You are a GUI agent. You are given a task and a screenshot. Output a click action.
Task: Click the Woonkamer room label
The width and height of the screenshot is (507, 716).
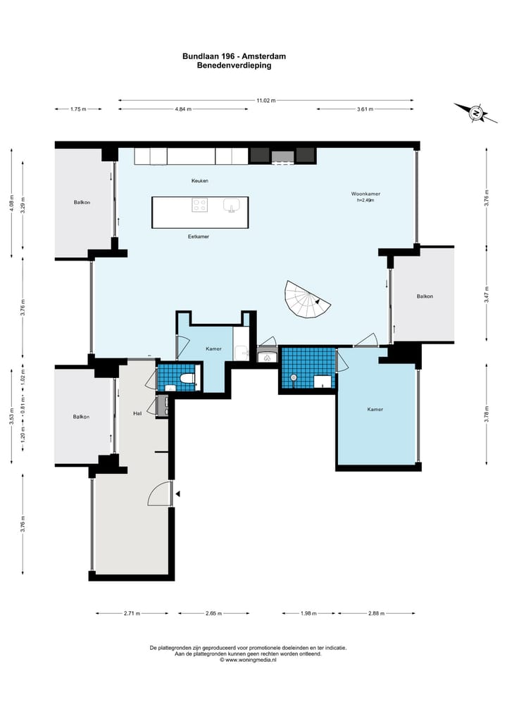point(365,194)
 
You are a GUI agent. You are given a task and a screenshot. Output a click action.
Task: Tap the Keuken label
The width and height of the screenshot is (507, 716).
point(199,181)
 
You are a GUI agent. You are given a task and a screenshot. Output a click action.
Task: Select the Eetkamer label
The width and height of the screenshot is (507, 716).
point(199,237)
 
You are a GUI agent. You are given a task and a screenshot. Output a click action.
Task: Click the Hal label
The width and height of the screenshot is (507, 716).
point(137,413)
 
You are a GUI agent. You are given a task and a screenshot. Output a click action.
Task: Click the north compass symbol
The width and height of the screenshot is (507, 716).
point(476,113)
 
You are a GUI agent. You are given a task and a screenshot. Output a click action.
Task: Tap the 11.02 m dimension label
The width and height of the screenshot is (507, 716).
point(266,101)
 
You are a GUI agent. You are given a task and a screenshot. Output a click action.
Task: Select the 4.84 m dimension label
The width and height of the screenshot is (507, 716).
point(183,109)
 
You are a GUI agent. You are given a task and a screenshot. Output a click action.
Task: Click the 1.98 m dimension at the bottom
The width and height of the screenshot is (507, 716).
point(308,613)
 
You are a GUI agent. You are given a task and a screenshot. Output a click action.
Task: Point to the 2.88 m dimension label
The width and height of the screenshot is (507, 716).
point(376,613)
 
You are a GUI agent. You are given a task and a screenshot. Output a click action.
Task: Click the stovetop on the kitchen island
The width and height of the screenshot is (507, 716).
point(199,205)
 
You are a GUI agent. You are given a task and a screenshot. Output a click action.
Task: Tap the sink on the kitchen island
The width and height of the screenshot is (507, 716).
point(232,206)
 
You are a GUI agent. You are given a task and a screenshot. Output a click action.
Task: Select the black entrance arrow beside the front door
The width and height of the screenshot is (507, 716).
point(178,494)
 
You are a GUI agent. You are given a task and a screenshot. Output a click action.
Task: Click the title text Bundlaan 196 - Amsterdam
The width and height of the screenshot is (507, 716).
point(234,56)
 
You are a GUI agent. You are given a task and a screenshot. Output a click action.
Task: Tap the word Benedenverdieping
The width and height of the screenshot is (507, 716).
point(234,65)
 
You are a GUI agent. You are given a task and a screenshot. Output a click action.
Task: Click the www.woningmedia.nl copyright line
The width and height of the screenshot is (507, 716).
point(248,660)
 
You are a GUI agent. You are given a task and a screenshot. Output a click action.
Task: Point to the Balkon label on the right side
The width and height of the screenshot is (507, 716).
point(425,296)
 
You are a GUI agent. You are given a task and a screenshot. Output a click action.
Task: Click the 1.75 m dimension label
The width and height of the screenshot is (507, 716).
point(78,109)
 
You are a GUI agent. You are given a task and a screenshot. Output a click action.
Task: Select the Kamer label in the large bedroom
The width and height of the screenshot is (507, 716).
point(375,410)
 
